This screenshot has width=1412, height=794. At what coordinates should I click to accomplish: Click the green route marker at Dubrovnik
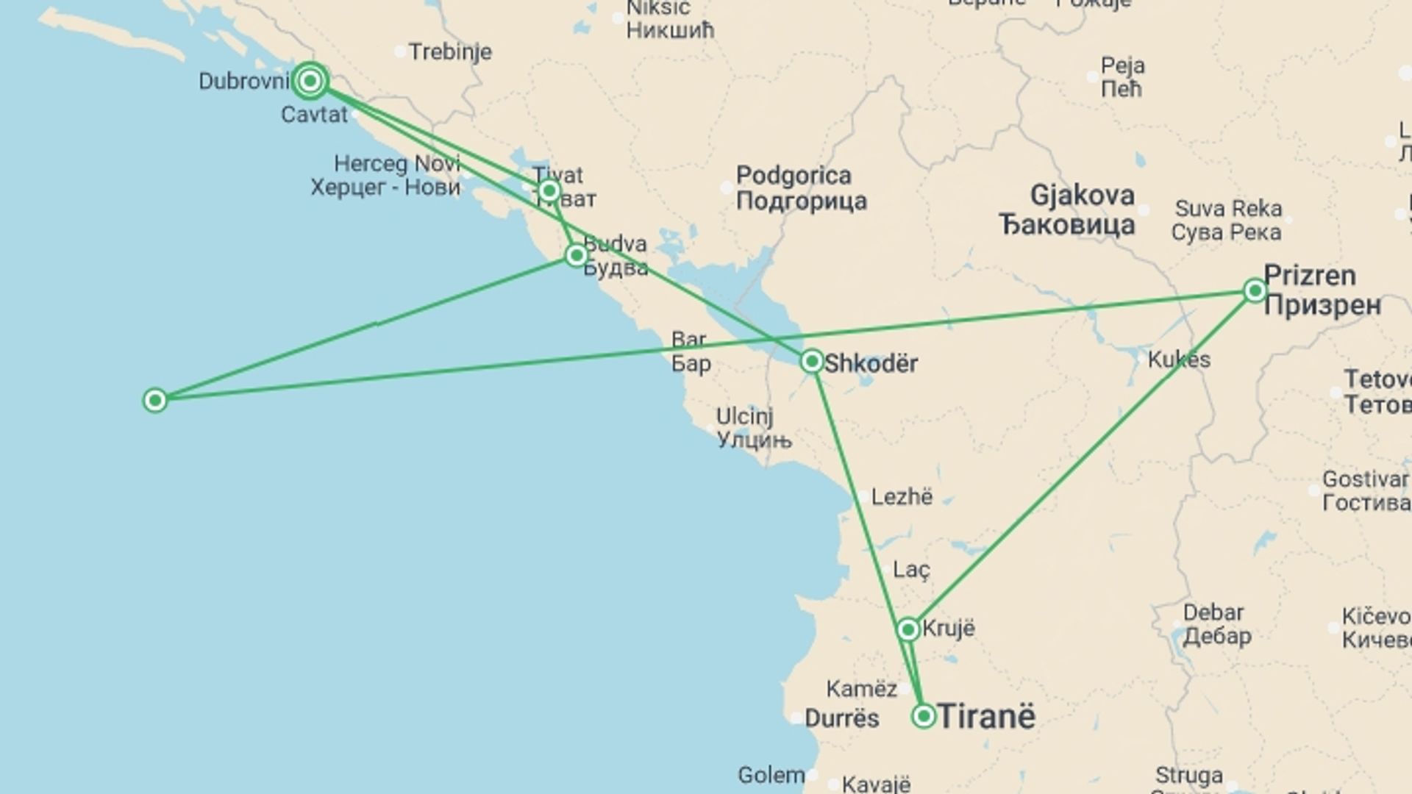310,81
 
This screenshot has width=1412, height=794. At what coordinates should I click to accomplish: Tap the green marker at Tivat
549,192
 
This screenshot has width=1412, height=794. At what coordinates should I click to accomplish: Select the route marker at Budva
577,255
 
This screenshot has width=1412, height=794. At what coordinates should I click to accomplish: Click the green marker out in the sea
155,401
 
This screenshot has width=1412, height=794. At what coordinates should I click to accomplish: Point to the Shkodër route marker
812,361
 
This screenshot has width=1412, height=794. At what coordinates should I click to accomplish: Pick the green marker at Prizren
1255,291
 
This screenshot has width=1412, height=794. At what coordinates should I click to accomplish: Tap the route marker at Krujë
908,629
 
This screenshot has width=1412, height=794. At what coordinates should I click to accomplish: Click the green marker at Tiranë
924,716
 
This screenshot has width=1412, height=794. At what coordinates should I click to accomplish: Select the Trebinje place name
450,52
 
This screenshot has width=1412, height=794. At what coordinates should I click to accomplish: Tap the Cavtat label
314,115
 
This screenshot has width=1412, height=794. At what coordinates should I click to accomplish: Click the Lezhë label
902,498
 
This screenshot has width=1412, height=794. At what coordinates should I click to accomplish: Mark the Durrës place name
842,718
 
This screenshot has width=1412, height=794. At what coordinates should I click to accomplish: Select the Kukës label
1179,360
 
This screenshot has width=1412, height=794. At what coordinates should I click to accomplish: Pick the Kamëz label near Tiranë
861,689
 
